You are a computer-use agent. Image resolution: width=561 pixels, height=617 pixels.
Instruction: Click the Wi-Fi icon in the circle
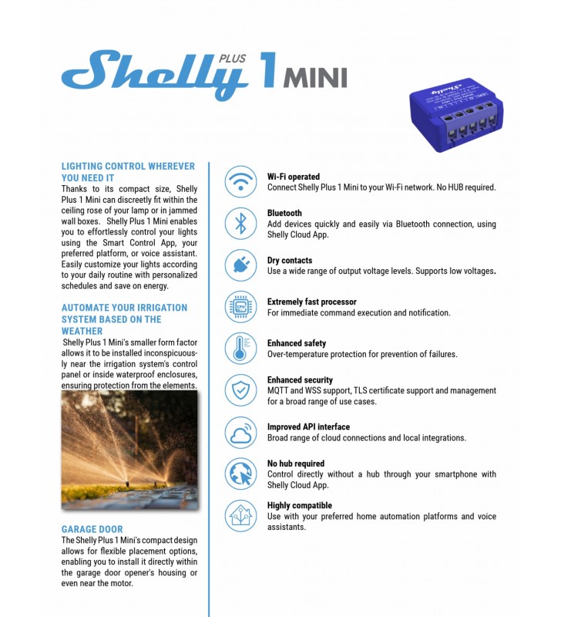(240, 182)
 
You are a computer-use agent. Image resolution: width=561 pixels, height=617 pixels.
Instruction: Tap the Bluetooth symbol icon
(240, 224)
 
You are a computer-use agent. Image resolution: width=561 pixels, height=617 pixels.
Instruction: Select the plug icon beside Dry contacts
(240, 265)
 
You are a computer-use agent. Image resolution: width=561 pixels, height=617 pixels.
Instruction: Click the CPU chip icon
(240, 307)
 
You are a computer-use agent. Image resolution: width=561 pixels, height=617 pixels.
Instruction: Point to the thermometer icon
(240, 349)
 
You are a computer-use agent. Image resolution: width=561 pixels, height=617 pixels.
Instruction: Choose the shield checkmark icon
(240, 390)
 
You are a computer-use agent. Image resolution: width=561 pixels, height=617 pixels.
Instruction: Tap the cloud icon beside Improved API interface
(240, 432)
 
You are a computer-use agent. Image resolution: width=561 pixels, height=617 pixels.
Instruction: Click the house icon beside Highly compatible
(240, 515)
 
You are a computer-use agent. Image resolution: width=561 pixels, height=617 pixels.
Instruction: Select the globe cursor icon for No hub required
(240, 474)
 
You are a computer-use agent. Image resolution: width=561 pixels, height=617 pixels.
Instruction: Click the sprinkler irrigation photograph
(129, 450)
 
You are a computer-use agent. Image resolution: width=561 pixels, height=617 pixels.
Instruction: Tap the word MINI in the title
(316, 78)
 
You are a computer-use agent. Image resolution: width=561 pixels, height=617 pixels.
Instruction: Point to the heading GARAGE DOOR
(92, 530)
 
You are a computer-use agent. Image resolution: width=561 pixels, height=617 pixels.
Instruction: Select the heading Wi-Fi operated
(294, 177)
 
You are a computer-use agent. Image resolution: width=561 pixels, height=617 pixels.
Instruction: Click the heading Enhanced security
(300, 379)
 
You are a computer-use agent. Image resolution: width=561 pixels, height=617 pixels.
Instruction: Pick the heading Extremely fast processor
(312, 302)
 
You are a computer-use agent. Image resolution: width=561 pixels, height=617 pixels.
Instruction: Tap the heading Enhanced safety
(297, 343)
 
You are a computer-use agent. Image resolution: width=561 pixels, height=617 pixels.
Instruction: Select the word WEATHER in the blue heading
(82, 331)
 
